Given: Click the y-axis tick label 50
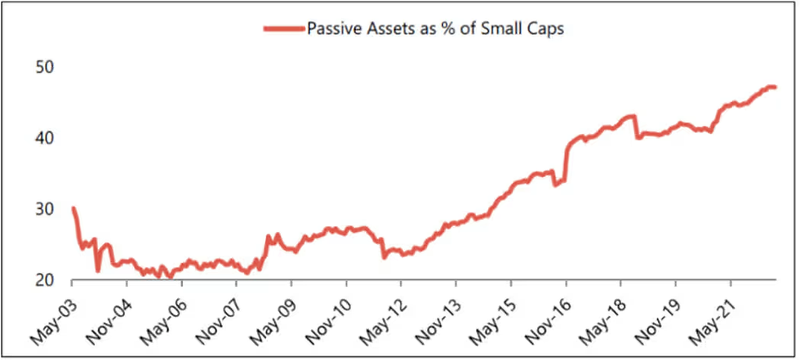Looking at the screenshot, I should pos(44,66).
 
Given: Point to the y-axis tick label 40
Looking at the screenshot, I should pos(44,137).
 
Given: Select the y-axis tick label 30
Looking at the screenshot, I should pos(44,209).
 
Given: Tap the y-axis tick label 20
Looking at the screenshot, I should pos(44,280).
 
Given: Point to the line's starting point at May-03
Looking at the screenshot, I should pos(73,209).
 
